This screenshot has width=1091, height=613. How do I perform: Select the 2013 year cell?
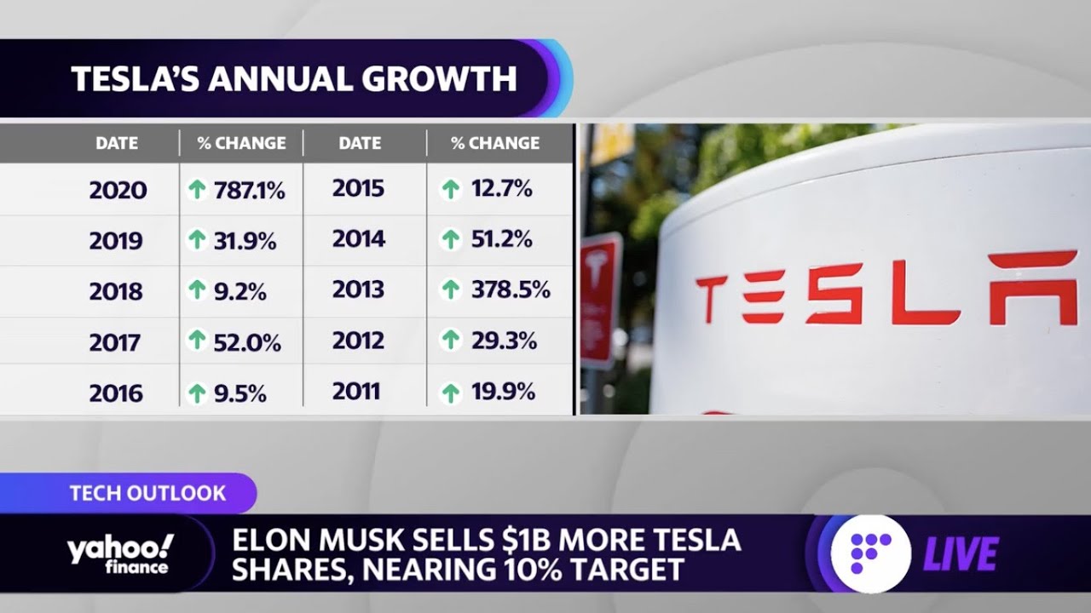pos(358,289)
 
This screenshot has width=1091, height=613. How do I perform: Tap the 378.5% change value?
pos(511,289)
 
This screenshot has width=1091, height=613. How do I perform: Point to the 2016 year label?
pos(117,393)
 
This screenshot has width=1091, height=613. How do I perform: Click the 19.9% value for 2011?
pos(503,392)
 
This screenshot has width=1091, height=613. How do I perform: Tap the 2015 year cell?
pos(358,188)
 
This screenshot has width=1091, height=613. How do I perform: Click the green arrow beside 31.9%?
pos(197,240)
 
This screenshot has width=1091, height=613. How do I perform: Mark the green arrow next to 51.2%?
pos(450,240)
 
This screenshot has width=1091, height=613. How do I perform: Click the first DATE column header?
pos(117,143)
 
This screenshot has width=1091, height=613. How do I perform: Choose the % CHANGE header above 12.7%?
pos(495,143)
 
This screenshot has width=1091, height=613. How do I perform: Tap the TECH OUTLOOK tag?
pos(147,493)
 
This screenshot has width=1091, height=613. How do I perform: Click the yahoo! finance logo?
pos(119,553)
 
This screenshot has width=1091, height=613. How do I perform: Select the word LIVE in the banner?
pos(961,555)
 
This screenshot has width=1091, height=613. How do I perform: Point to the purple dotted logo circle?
pos(870,553)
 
